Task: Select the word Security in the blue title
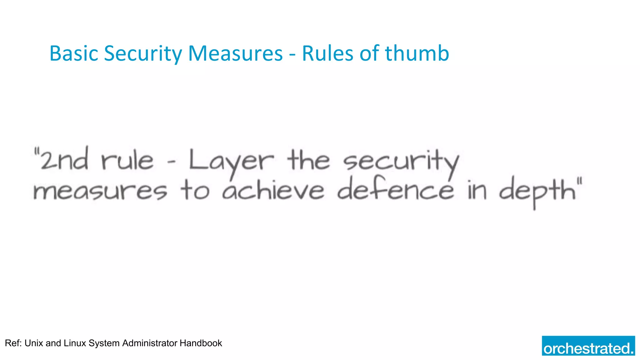click(x=143, y=53)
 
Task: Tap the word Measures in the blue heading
click(x=235, y=53)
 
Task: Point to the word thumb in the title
click(x=417, y=53)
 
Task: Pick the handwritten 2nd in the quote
click(x=64, y=160)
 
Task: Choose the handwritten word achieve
click(x=273, y=191)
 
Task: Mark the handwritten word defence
click(x=396, y=189)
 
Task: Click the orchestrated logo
click(x=588, y=346)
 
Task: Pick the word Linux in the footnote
click(x=75, y=343)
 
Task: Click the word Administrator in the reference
click(x=150, y=343)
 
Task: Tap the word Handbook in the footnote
click(x=201, y=343)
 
